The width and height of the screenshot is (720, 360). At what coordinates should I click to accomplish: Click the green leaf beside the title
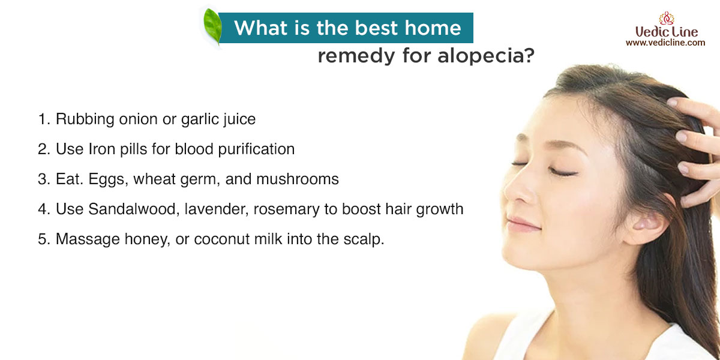(212, 26)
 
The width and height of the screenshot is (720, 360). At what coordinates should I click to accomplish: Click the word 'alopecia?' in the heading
(486, 56)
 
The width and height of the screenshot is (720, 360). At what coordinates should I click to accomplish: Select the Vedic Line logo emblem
(667, 19)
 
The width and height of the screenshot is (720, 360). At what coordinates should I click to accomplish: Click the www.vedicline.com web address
(665, 43)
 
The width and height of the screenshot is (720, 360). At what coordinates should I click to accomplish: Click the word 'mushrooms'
(298, 179)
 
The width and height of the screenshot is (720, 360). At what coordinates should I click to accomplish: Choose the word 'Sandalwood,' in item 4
(134, 209)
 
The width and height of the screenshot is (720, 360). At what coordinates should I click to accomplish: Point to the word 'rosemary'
(287, 210)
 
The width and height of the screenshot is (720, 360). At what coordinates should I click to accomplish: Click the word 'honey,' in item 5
(148, 239)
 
